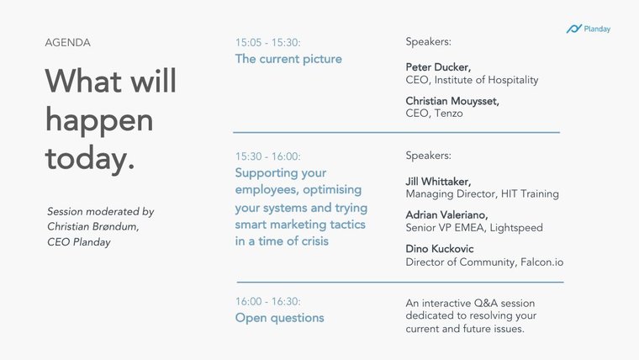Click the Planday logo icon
[x=573, y=29]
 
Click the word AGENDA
[x=67, y=43]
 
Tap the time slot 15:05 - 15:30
[x=267, y=42]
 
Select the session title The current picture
[x=288, y=59]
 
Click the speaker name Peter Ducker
[x=438, y=67]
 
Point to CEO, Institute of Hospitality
[x=472, y=80]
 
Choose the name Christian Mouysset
[x=452, y=101]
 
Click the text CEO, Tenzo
[x=434, y=114]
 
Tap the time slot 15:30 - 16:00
[x=267, y=156]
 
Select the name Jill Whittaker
[x=438, y=182]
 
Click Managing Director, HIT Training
[x=482, y=194]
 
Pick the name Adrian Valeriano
[x=446, y=214]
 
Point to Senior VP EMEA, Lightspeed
[x=474, y=227]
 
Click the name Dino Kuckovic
[x=440, y=249]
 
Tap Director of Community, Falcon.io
[x=484, y=262]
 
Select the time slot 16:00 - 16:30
[x=267, y=301]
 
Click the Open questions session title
[x=279, y=318]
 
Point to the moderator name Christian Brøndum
[x=93, y=226]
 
